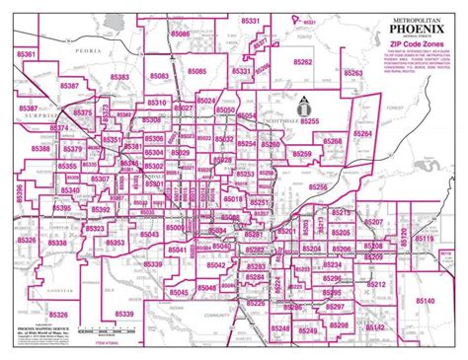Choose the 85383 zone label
[119, 76]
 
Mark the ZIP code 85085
[195, 71]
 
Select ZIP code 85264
[362, 132]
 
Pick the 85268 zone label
[332, 142]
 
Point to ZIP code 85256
[317, 186]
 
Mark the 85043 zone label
[147, 234]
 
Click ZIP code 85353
[116, 242]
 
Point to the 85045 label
[179, 293]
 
